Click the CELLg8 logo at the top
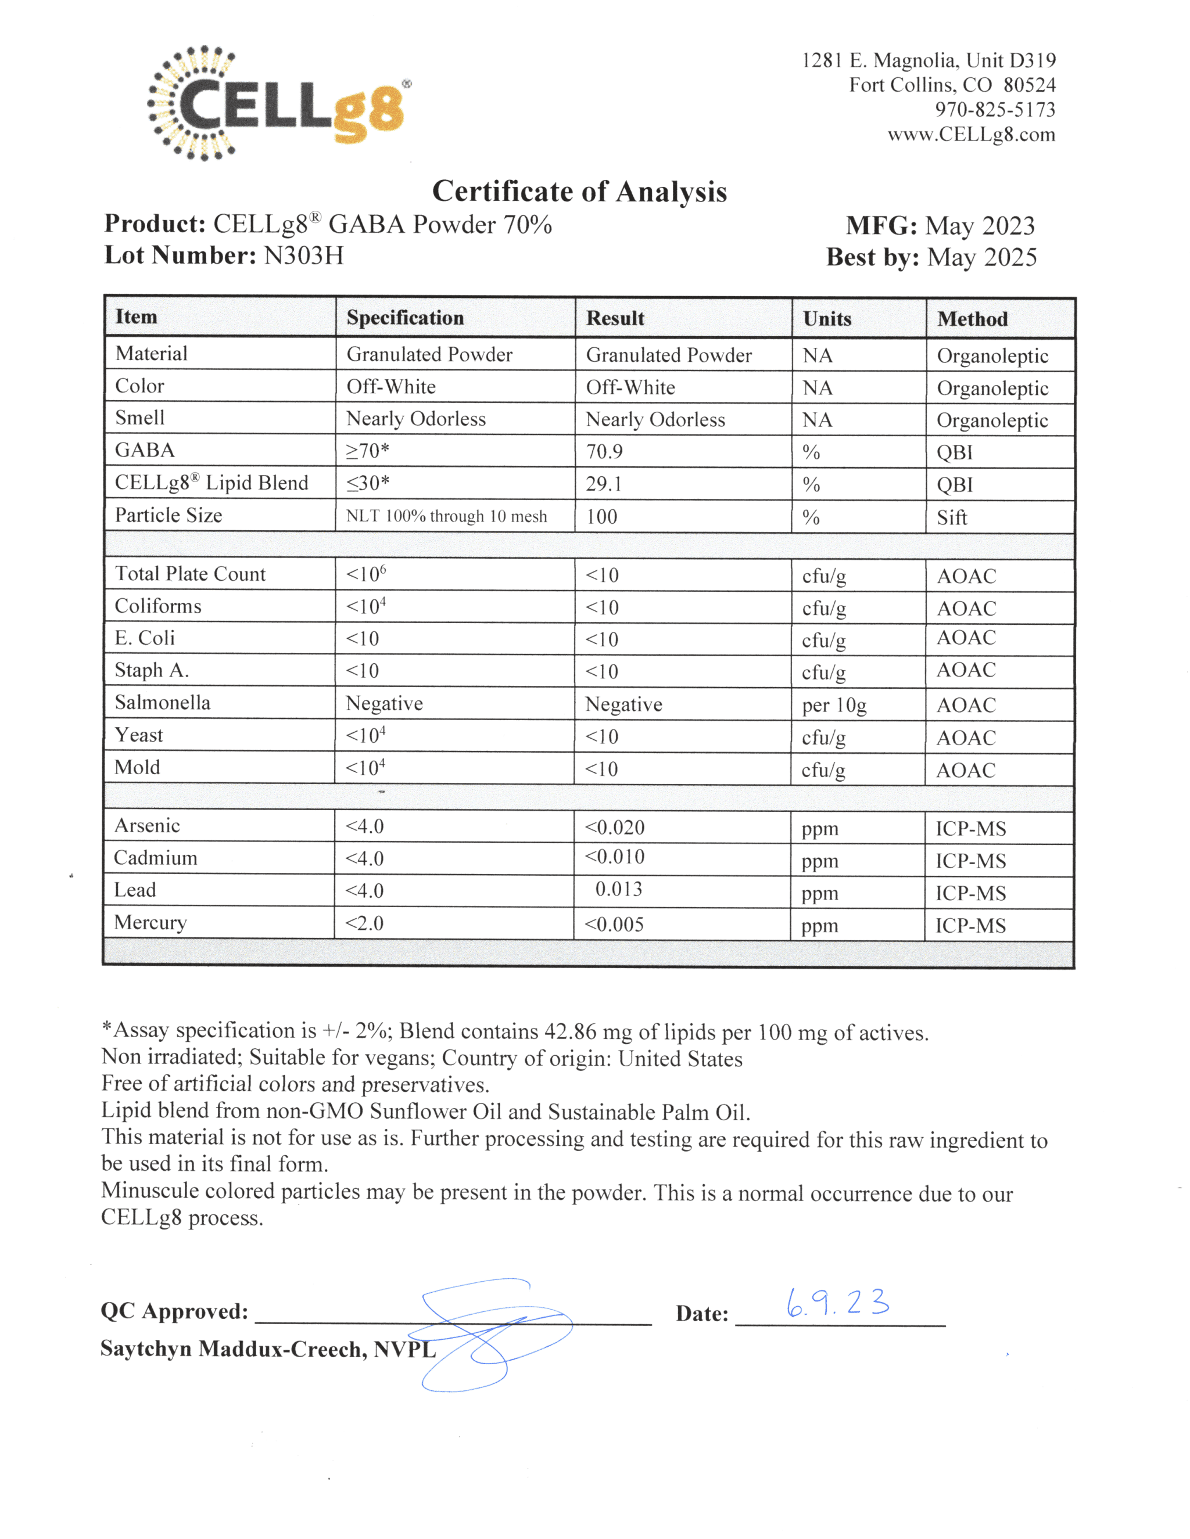[279, 103]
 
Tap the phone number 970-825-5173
[995, 110]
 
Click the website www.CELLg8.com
[971, 135]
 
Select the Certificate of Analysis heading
[579, 192]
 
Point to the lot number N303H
[303, 255]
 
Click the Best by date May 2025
[981, 257]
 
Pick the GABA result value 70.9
[604, 452]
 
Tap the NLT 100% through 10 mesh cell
[446, 516]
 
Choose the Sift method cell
[951, 518]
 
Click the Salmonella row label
[162, 703]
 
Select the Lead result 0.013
[618, 889]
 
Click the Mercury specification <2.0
[364, 923]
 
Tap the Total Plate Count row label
[191, 574]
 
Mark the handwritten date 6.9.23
[837, 1303]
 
